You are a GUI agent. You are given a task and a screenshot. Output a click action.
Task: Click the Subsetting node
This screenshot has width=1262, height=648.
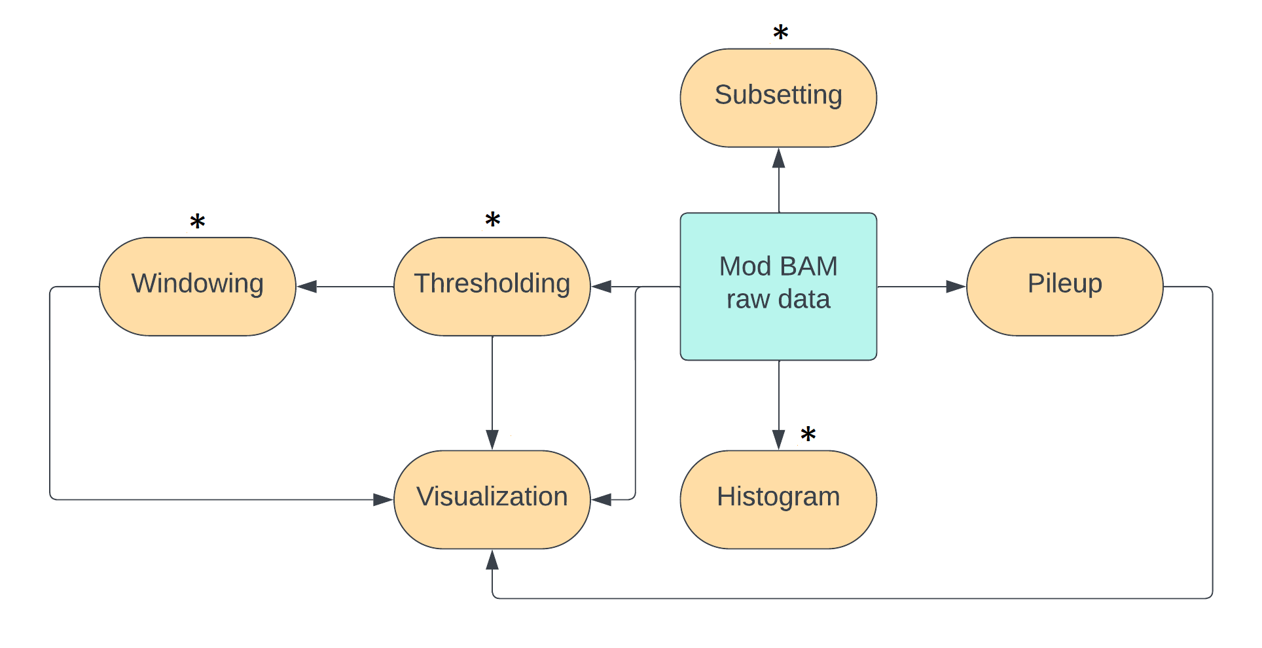[x=778, y=98]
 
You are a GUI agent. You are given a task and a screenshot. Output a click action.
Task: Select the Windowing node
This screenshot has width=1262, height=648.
[x=197, y=286]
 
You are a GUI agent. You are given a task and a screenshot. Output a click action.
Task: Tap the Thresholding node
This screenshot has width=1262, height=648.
[x=492, y=286]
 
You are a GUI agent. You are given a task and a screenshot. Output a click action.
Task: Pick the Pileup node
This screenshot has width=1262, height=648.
[x=1064, y=286]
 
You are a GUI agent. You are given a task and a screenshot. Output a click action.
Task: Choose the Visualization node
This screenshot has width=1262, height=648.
[x=492, y=499]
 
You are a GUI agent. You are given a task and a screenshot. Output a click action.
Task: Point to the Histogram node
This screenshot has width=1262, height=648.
[x=778, y=499]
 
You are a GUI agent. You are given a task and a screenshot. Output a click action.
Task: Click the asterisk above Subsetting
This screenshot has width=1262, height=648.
[x=780, y=33]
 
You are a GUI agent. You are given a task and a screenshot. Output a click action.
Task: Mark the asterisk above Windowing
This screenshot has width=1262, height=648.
[x=197, y=222]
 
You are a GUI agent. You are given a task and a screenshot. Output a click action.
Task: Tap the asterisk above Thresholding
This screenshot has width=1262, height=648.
[x=492, y=220]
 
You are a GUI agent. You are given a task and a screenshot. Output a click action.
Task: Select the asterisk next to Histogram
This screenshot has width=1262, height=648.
[x=808, y=434]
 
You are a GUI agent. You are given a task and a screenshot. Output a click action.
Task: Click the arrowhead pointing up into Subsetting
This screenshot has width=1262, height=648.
[x=778, y=158]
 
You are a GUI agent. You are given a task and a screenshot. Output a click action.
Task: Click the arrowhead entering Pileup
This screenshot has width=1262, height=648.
[x=956, y=287]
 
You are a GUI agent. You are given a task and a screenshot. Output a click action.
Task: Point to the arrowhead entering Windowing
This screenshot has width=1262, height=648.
[x=307, y=287]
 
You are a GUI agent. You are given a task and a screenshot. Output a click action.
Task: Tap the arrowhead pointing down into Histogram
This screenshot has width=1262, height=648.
[x=778, y=439]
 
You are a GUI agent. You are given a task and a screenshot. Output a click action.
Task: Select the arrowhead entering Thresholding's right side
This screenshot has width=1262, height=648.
[x=602, y=287]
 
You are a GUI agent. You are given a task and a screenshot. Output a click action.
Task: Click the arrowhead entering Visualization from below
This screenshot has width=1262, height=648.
[x=492, y=560]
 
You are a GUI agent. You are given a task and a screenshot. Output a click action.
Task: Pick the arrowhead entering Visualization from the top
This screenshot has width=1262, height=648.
[x=492, y=439]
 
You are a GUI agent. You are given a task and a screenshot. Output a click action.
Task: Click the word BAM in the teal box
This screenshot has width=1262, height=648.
[x=808, y=266]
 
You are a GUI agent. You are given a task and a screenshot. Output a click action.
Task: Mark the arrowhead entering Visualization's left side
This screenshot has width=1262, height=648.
[x=383, y=499]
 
